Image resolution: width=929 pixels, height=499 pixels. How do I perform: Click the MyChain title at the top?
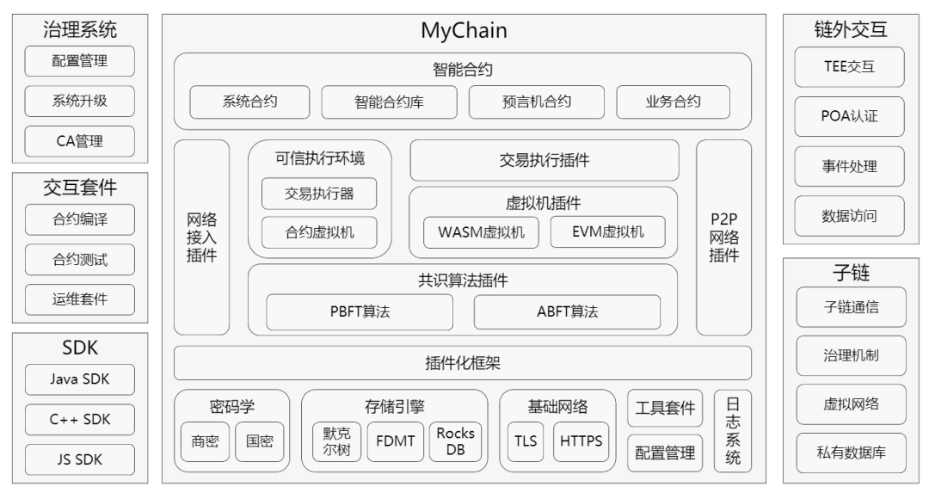click(464, 33)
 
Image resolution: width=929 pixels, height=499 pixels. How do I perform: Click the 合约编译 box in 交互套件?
click(80, 219)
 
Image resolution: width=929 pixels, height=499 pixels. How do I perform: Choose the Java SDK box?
click(80, 379)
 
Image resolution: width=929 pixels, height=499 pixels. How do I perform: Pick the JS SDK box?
click(80, 459)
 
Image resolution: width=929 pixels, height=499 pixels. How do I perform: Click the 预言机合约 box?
click(525, 102)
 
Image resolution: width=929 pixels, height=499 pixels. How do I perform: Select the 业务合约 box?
click(673, 102)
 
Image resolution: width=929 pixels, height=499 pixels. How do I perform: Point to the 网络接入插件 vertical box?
click(201, 237)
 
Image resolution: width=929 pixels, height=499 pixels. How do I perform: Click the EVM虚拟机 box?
click(607, 232)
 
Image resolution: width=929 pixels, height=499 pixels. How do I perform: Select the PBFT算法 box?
click(359, 312)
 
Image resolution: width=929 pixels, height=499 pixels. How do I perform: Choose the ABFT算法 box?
click(567, 312)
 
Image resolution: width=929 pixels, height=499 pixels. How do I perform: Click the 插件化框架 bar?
click(463, 362)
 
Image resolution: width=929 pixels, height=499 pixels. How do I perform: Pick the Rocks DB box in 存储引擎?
click(456, 441)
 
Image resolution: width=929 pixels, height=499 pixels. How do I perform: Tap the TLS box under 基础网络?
click(526, 441)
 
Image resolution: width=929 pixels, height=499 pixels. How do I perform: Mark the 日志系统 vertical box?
click(733, 431)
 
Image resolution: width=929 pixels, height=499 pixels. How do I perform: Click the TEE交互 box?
click(849, 67)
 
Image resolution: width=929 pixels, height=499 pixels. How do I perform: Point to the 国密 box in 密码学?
click(260, 441)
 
